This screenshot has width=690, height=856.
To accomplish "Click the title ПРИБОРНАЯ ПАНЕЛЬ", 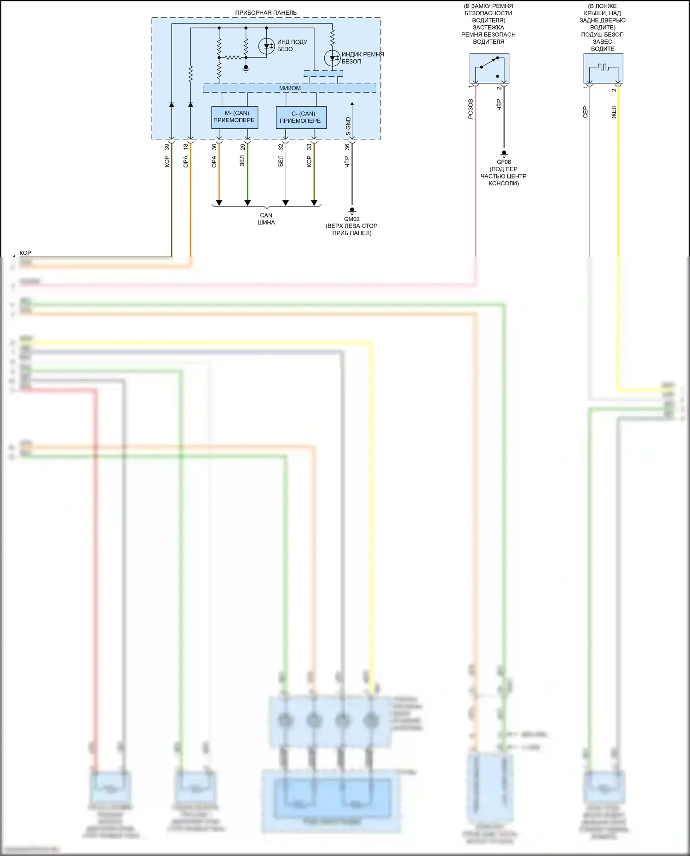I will pos(266,13).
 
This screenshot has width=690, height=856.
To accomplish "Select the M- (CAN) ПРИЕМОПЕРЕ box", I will pos(234,117).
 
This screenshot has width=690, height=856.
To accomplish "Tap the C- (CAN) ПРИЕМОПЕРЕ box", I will pos(301,117).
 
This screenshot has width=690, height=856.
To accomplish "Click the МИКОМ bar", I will pos(290,88).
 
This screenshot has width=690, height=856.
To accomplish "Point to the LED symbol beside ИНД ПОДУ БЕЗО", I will pos(267,46).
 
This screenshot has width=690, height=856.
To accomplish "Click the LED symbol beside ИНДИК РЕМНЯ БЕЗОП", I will pos(332,58).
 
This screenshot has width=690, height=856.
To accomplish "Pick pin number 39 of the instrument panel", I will pos(167,147).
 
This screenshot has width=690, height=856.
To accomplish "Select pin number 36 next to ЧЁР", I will pos(347,147).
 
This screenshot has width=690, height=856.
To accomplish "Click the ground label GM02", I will pos(352,219).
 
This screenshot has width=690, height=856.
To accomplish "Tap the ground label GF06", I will pos(504,162).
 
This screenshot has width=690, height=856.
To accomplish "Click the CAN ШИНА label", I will pos(266,218).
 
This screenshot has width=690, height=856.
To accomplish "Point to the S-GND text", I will pos(348,126).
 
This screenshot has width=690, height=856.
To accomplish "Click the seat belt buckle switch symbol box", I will pos(489,68).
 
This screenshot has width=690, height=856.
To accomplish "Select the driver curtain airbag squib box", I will pos(603,68).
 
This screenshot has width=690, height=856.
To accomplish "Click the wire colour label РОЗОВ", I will pos(471,109).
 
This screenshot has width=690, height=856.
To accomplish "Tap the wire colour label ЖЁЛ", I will pos(614,112).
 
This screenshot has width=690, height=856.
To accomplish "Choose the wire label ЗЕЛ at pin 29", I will pos(242,161).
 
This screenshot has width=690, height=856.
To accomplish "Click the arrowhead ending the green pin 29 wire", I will pos(247,203).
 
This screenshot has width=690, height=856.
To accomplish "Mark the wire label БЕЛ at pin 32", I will pos(281,161).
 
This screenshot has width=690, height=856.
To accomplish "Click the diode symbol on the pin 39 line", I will pos(172,104).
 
